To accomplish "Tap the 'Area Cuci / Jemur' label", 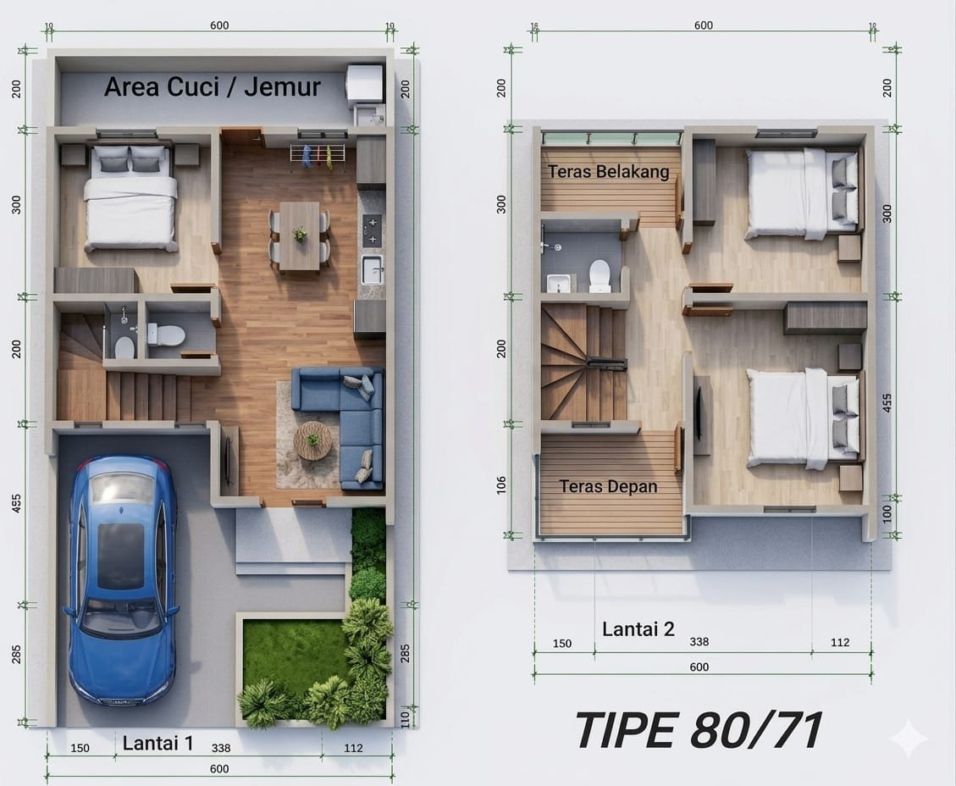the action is pyautogui.click(x=213, y=86).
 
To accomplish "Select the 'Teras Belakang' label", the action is pyautogui.click(x=608, y=172).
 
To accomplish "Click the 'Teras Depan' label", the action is pyautogui.click(x=609, y=487).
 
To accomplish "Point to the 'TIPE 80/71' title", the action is pyautogui.click(x=699, y=730).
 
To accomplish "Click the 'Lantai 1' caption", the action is pyautogui.click(x=157, y=743).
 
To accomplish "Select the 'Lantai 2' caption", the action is pyautogui.click(x=638, y=628).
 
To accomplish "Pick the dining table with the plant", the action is pyautogui.click(x=300, y=235).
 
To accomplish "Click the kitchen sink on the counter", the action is pyautogui.click(x=372, y=269).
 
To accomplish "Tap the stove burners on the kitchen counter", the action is pyautogui.click(x=372, y=230).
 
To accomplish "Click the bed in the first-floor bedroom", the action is pyautogui.click(x=131, y=198).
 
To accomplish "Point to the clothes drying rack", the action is pyautogui.click(x=317, y=156).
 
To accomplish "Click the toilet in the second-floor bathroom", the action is pyautogui.click(x=600, y=275).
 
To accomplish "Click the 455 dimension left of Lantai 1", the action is pyautogui.click(x=16, y=502).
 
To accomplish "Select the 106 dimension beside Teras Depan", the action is pyautogui.click(x=501, y=484).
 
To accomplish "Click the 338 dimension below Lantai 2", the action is pyautogui.click(x=699, y=641).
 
